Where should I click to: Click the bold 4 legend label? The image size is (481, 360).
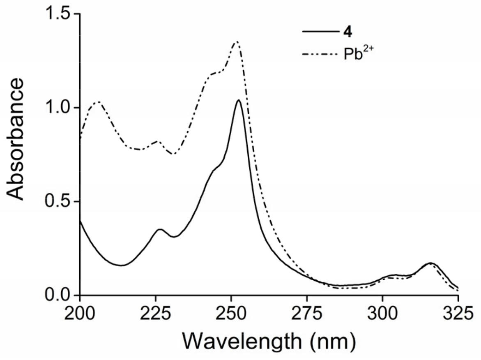tap(348, 32)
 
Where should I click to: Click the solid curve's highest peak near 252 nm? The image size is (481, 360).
tap(238, 100)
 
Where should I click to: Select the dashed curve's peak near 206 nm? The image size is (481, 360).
tap(98, 102)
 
